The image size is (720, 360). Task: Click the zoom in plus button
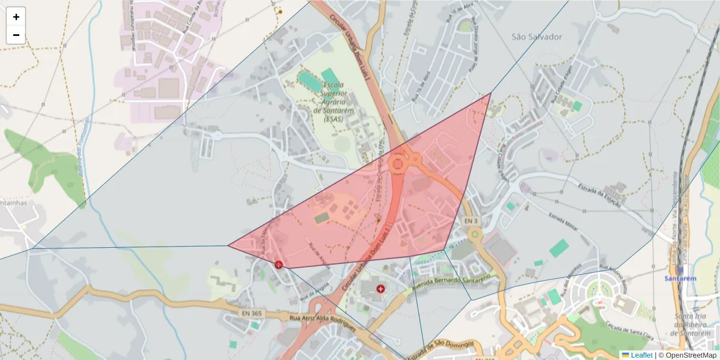point(16,17)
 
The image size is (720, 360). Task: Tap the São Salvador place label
point(537,37)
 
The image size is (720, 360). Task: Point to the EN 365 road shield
point(252,313)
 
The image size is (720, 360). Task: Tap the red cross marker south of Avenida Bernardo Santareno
point(380,289)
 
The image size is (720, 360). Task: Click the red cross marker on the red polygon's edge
point(278,265)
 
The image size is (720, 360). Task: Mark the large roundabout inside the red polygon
point(398,163)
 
